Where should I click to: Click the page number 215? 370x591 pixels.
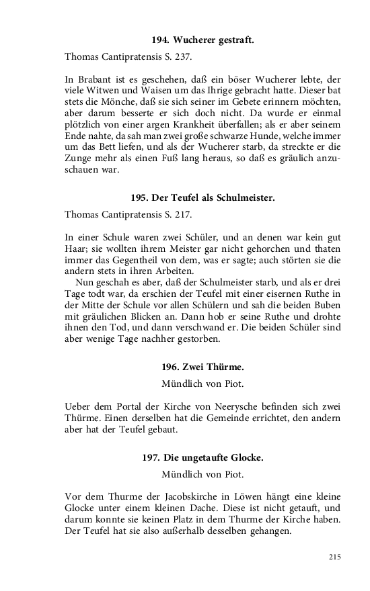tap(336, 557)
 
